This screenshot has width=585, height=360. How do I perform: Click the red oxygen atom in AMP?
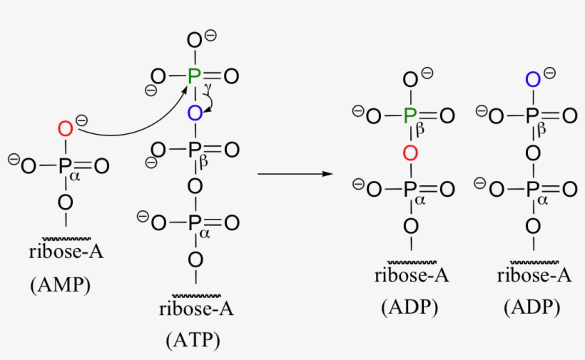pyautogui.click(x=66, y=129)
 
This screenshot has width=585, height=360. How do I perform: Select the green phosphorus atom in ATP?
pyautogui.click(x=194, y=76)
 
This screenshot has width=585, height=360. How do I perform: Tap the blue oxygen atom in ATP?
pyautogui.click(x=195, y=113)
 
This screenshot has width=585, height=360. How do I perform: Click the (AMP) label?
pyautogui.click(x=61, y=285)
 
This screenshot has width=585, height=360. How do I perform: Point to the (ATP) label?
pyautogui.click(x=193, y=340)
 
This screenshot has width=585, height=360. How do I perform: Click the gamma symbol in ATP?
pyautogui.click(x=208, y=88)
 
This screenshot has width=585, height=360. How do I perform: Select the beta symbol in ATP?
pyautogui.click(x=203, y=162)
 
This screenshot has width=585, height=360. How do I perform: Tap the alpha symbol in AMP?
pyautogui.click(x=75, y=176)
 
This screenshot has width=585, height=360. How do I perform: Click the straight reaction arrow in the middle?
pyautogui.click(x=295, y=174)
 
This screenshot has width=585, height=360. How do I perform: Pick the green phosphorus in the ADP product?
pyautogui.click(x=410, y=115)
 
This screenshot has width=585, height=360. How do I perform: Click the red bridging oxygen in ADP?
pyautogui.click(x=410, y=153)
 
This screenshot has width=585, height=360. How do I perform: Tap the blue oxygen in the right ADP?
pyautogui.click(x=533, y=79)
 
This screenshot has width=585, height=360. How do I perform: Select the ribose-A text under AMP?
pyautogui.click(x=66, y=252)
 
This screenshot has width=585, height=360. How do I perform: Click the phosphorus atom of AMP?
pyautogui.click(x=66, y=166)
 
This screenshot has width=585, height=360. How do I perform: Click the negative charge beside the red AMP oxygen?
pyautogui.click(x=82, y=120)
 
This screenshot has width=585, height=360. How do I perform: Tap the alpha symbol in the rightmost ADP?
pyautogui.click(x=542, y=200)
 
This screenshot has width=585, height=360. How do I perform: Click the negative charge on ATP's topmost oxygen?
pyautogui.click(x=210, y=36)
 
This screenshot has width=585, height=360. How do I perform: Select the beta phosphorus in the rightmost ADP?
pyautogui.click(x=532, y=115)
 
